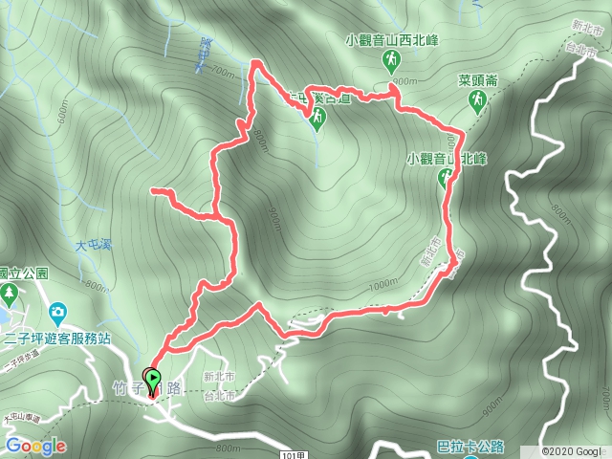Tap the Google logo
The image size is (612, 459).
point(35,446)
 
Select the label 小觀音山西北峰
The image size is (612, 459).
point(390,41)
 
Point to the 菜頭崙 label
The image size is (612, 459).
point(476,81)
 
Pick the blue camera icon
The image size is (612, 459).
point(57,312)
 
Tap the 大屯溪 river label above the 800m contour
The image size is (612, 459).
point(94,246)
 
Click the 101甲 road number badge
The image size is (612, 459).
point(297,452)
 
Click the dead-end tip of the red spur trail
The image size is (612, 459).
point(153,192)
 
